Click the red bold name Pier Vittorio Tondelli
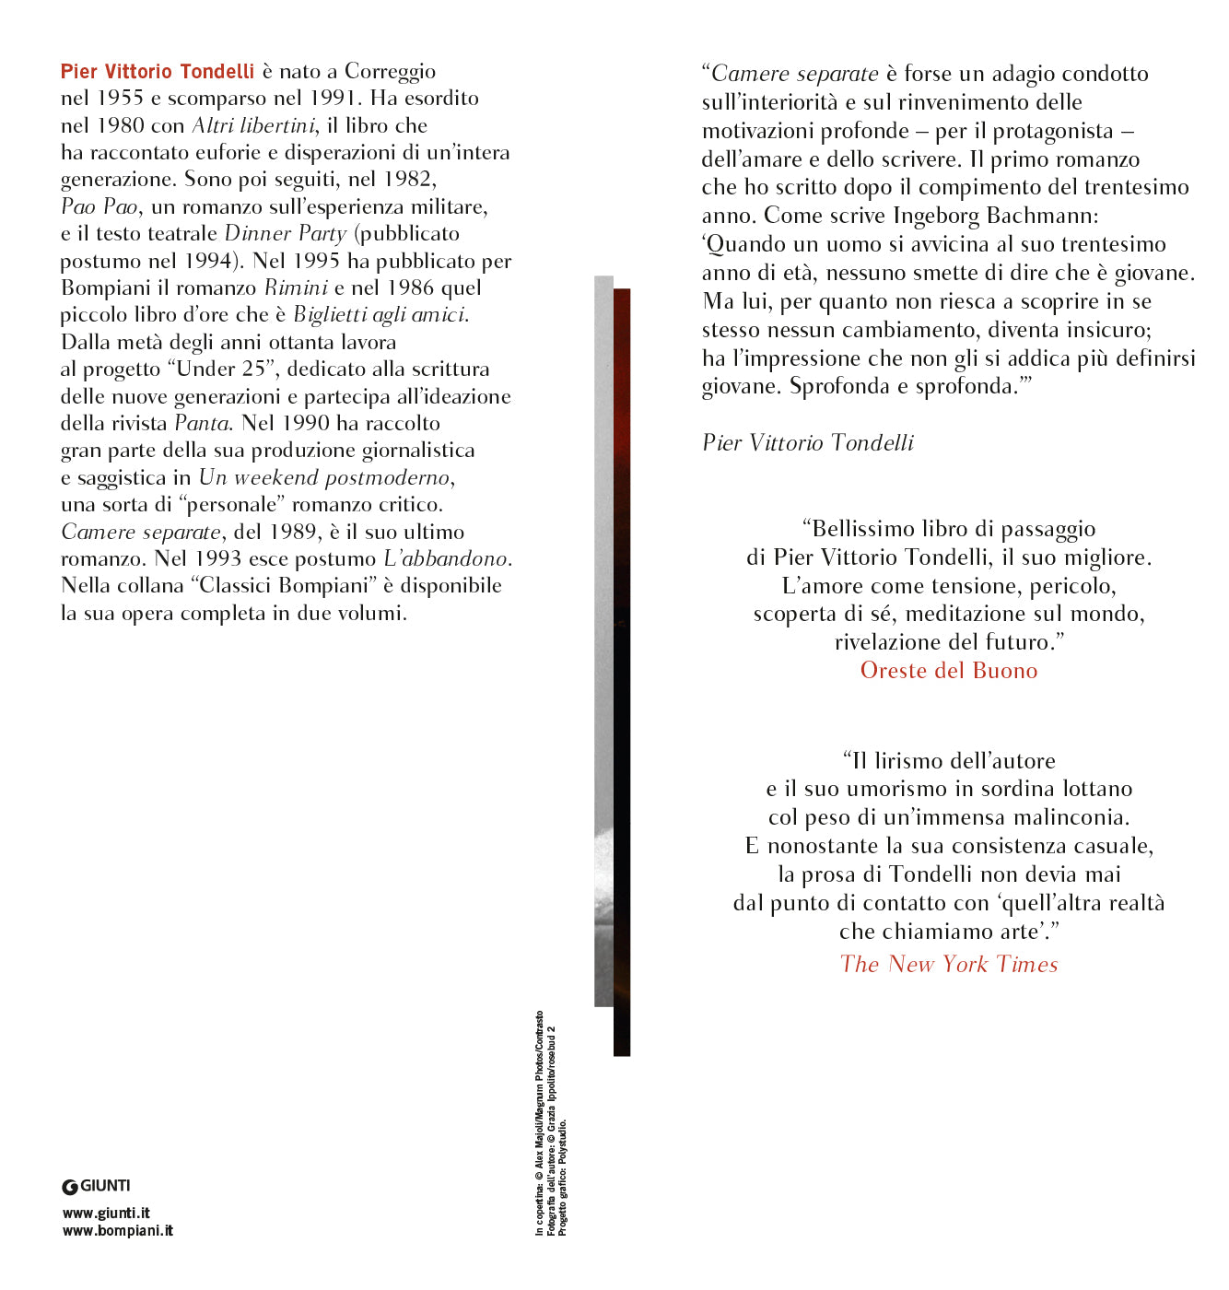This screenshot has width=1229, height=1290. point(158,72)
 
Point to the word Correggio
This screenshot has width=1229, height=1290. point(390,72)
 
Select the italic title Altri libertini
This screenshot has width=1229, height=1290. point(254,125)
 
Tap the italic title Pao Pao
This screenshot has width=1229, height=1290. point(99,206)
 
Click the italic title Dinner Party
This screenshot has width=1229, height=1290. point(286,233)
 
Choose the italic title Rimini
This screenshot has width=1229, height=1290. point(296,287)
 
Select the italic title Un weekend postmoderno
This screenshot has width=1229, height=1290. point(324,477)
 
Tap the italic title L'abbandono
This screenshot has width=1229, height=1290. point(447,558)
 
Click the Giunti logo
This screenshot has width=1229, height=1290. point(97,1186)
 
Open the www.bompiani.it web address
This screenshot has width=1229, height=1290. point(118,1230)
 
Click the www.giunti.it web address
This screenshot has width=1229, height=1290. point(106,1214)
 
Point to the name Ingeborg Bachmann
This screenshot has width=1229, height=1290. point(995,216)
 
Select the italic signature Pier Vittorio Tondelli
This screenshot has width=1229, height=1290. point(808,443)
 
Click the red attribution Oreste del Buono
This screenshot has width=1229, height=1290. point(949,671)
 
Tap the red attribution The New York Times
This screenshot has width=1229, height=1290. point(949,965)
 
